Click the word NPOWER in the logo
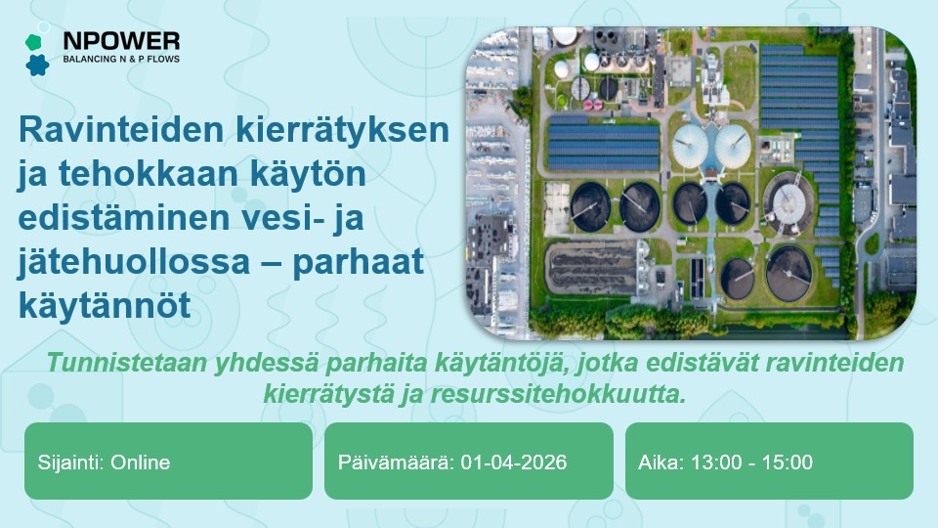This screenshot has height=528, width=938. [121, 41]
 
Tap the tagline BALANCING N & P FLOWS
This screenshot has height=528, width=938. [121, 59]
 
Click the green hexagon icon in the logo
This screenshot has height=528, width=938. [33, 42]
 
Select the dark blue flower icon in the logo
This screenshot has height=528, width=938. [37, 65]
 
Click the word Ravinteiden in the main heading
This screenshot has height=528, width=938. [121, 129]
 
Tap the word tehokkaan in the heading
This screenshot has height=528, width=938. [149, 174]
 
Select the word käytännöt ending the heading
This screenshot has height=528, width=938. [105, 305]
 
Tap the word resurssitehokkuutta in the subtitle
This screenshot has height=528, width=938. [558, 394]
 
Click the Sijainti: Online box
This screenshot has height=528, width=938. [168, 461]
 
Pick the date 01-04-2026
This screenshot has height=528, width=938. [514, 462]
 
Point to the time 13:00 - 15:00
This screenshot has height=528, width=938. [752, 462]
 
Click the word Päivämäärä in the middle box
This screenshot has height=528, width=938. [394, 462]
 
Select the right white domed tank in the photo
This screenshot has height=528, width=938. [732, 145]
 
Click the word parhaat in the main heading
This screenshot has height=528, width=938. [358, 262]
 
